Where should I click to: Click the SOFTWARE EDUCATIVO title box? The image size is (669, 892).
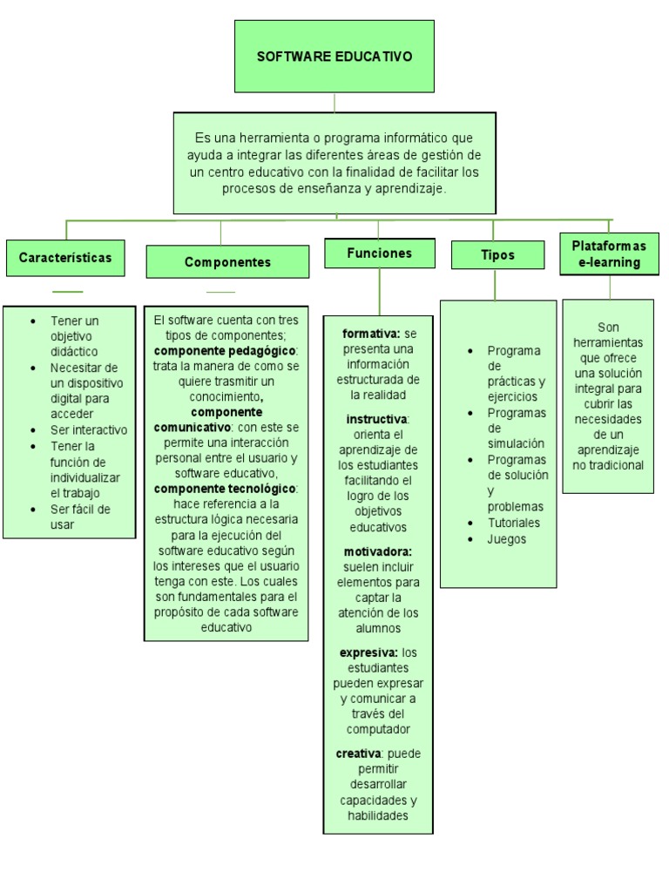point(334,57)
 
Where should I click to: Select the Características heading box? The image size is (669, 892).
point(65,258)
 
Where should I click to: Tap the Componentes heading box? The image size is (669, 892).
point(227,262)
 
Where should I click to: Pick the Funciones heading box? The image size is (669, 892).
point(379,253)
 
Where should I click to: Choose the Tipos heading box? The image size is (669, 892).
point(497,255)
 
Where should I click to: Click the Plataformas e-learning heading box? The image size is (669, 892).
point(609,253)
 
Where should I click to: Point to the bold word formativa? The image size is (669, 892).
point(371,334)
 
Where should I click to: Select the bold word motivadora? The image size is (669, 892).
point(377,551)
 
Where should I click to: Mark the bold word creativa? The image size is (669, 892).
point(358,753)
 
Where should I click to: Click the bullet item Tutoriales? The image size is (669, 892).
point(514,523)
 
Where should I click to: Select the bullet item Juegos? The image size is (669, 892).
point(507,539)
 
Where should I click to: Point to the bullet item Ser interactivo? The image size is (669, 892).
point(88,429)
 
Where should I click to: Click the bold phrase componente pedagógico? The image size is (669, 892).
point(225,351)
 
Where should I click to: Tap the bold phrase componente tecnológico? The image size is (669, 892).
point(225,489)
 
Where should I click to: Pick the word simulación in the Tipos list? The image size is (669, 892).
point(516,443)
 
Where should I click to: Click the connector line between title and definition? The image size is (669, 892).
point(334,102)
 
